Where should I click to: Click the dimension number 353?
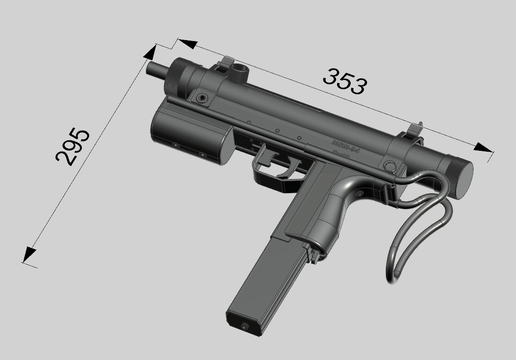tap(344, 81)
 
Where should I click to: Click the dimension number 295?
tap(73, 146)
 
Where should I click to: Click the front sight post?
tap(226, 62)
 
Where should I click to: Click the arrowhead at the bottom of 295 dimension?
tap(29, 254)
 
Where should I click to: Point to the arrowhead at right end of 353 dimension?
tap(483, 148)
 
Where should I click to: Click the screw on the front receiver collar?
tap(201, 97)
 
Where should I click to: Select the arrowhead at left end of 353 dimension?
tap(187, 44)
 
